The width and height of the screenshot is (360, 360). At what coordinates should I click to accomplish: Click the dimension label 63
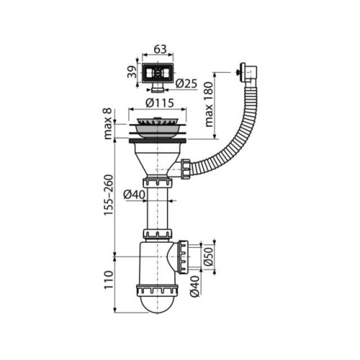[160, 49]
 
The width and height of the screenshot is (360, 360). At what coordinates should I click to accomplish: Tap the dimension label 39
[132, 72]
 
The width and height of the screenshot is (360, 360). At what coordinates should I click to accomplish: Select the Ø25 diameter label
[186, 84]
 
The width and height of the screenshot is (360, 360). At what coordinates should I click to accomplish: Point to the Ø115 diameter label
[160, 103]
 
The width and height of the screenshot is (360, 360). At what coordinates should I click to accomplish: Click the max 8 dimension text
[108, 124]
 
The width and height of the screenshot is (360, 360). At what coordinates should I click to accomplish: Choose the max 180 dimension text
[209, 104]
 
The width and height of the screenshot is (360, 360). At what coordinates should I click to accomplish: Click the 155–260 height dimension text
[108, 195]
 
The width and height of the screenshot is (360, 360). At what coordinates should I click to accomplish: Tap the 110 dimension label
[108, 280]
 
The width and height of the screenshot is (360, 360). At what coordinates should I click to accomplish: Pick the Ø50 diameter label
[209, 256]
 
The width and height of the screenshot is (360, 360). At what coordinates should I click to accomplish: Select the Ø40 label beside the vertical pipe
[135, 194]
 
